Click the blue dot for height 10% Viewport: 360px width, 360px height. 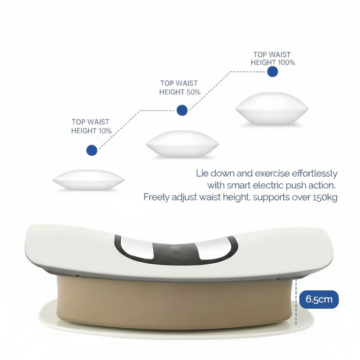click(92, 150)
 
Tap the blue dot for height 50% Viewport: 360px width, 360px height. click(181, 110)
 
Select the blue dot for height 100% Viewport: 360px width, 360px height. click(272, 72)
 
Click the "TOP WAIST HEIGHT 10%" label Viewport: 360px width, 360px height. click(91, 126)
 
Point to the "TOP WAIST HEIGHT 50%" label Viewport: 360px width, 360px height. click(180, 88)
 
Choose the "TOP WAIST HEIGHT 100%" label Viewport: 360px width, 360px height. click(272, 59)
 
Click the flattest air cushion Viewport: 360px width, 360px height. click(88, 180)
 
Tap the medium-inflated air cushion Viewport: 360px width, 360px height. click(182, 143)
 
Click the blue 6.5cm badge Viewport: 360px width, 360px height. click(319, 299)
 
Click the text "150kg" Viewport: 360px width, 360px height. click(325, 197)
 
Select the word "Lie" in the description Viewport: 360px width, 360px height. click(202, 173)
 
